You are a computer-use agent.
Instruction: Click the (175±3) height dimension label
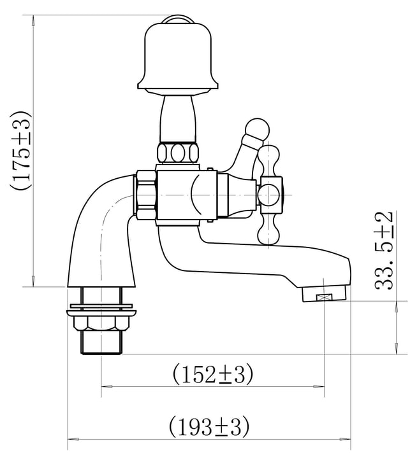[x=20, y=150]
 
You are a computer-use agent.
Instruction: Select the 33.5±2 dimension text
[x=384, y=251]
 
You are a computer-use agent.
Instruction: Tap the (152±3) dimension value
[x=213, y=375]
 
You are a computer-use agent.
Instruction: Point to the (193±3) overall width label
[x=209, y=427]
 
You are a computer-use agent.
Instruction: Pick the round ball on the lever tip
[x=257, y=129]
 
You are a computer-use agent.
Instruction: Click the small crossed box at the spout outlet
[x=324, y=297]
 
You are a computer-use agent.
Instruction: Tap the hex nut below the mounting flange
[x=101, y=323]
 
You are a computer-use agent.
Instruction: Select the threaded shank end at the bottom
[x=101, y=342]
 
